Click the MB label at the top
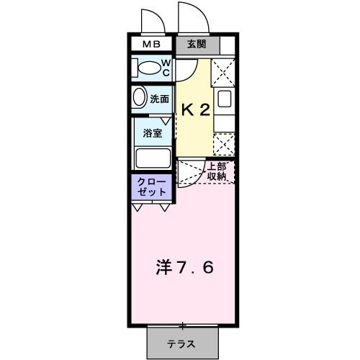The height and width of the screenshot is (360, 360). pyautogui.click(x=151, y=44)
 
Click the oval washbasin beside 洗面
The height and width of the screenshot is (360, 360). pyautogui.click(x=140, y=99)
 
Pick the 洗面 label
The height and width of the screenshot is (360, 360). pyautogui.click(x=160, y=99)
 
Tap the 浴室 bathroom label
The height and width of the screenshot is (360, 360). pyautogui.click(x=153, y=132)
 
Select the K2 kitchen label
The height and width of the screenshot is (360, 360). pyautogui.click(x=195, y=110)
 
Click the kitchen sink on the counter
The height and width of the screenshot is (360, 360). pyautogui.click(x=224, y=101)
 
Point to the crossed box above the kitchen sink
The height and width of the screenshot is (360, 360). pyautogui.click(x=224, y=72)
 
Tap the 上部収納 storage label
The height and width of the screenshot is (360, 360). pyautogui.click(x=217, y=171)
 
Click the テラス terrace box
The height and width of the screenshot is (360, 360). pyautogui.click(x=181, y=343)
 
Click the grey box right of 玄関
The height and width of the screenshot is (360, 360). pyautogui.click(x=228, y=45)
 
